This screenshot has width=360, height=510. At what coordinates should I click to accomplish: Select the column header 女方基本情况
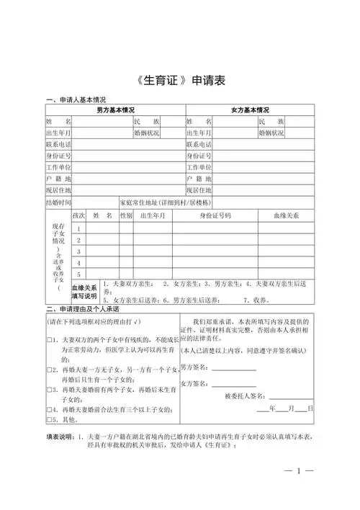click(250, 110)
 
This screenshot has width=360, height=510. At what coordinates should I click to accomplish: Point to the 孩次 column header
click(79, 215)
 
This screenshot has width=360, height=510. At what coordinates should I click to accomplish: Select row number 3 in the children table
click(79, 251)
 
